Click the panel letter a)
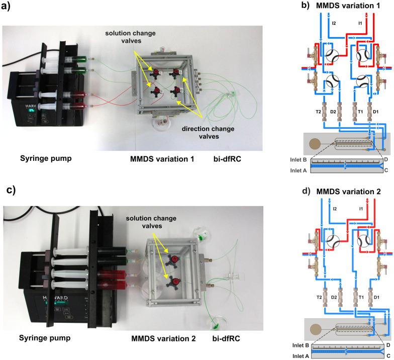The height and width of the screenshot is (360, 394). pyautogui.click(x=6, y=6)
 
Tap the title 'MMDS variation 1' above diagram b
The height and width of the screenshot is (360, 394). pyautogui.click(x=348, y=6)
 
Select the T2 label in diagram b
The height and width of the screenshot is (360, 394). pyautogui.click(x=319, y=112)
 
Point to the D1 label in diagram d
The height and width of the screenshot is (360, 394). pyautogui.click(x=376, y=298)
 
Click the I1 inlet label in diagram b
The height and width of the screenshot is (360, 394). pyautogui.click(x=360, y=23)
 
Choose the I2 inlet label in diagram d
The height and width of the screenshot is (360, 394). pyautogui.click(x=335, y=209)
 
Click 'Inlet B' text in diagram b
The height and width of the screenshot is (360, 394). pyautogui.click(x=299, y=160)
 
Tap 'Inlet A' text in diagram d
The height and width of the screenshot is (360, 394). pyautogui.click(x=301, y=356)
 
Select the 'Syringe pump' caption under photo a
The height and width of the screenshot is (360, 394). pyautogui.click(x=46, y=159)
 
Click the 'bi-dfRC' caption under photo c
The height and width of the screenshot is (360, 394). pyautogui.click(x=226, y=338)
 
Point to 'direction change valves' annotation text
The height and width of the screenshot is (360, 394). pyautogui.click(x=208, y=133)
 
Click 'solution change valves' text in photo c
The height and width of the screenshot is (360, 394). pyautogui.click(x=151, y=222)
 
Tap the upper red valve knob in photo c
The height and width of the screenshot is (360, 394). pyautogui.click(x=174, y=258)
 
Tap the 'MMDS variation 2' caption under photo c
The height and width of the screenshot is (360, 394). pyautogui.click(x=163, y=339)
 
